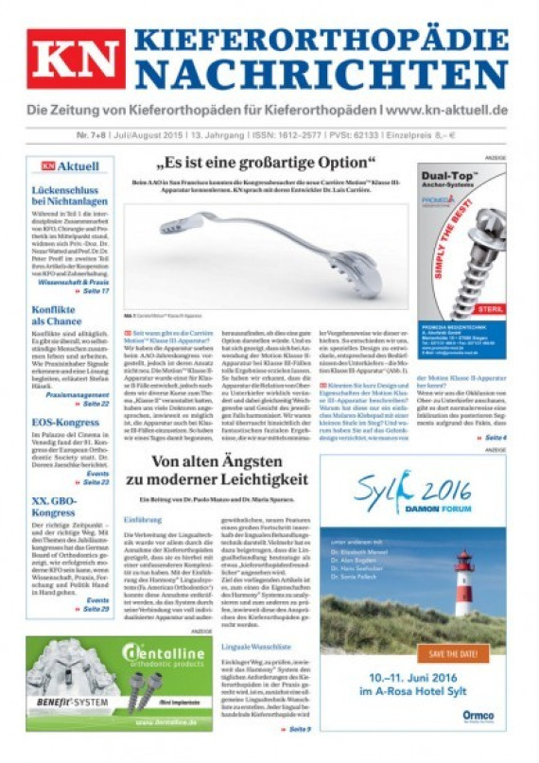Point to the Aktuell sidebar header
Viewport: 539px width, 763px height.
coord(70,166)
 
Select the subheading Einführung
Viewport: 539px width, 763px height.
coord(144,519)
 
